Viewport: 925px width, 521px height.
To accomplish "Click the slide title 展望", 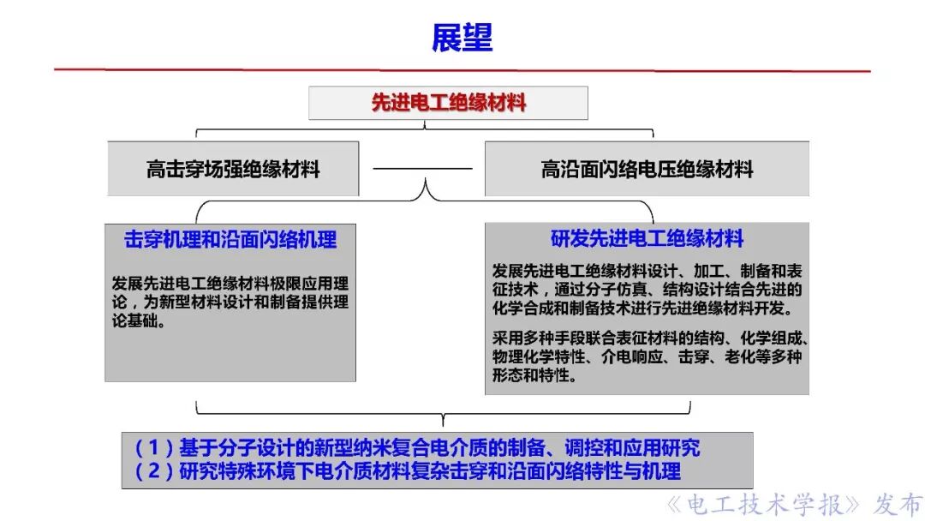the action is [x=462, y=39].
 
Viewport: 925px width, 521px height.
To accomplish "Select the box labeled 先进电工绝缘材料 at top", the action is [x=448, y=103].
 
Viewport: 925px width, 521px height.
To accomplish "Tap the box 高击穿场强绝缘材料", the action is [x=233, y=169].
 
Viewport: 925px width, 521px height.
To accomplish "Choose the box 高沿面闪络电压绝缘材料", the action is [x=647, y=169].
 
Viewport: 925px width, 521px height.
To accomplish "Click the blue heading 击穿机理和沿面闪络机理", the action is [x=230, y=240].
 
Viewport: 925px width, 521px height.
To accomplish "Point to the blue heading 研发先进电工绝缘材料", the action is [x=647, y=238].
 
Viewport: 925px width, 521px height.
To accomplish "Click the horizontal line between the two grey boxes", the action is [x=422, y=169].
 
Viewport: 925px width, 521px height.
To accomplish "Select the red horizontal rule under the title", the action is [x=462, y=69].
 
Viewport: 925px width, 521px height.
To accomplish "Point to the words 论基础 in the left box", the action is [x=134, y=322].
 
